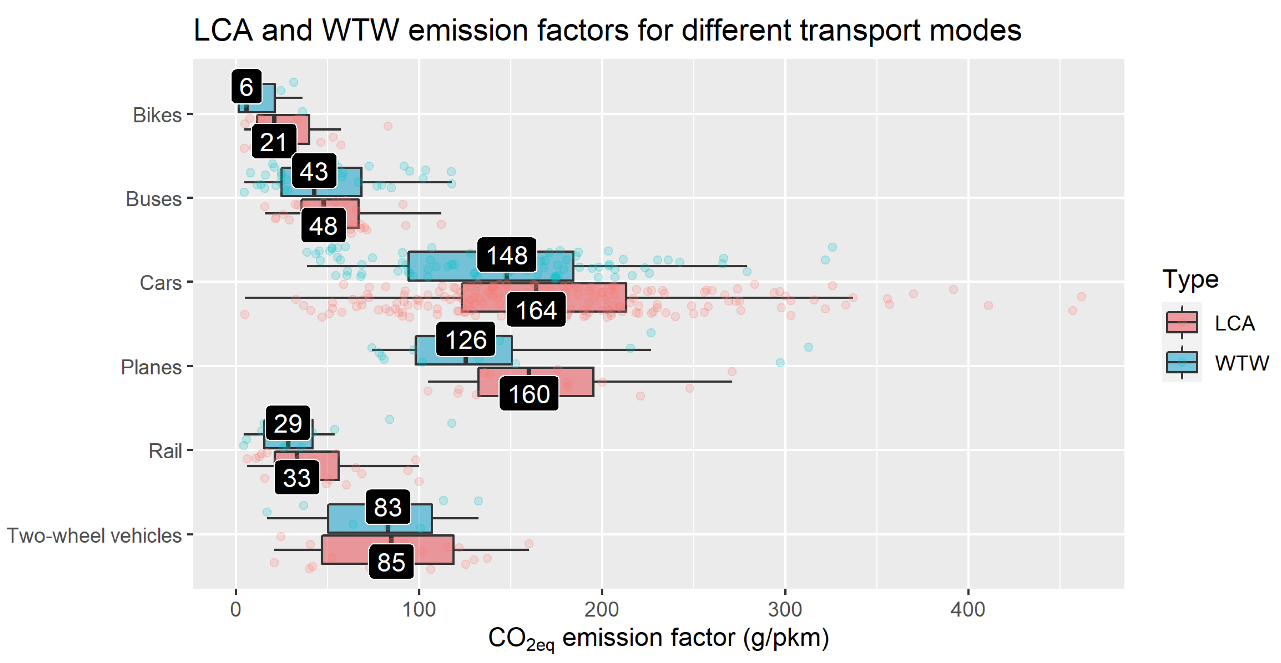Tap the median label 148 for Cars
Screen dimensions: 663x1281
pos(506,255)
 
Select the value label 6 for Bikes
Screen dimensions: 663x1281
pos(246,87)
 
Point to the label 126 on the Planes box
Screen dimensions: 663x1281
pos(466,340)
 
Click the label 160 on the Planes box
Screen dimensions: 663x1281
pos(528,394)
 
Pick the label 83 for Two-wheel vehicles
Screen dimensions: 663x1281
pos(388,507)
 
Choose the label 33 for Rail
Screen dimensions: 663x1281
pos(297,478)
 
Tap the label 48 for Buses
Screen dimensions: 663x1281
pos(323,226)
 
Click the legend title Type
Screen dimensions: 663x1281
pos(1190,280)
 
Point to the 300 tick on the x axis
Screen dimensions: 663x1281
pos(785,609)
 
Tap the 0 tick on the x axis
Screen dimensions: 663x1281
pos(236,609)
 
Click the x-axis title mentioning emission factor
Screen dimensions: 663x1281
pos(658,638)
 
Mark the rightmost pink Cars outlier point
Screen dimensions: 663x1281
pos(1081,296)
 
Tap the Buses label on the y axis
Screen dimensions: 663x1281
pos(153,199)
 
